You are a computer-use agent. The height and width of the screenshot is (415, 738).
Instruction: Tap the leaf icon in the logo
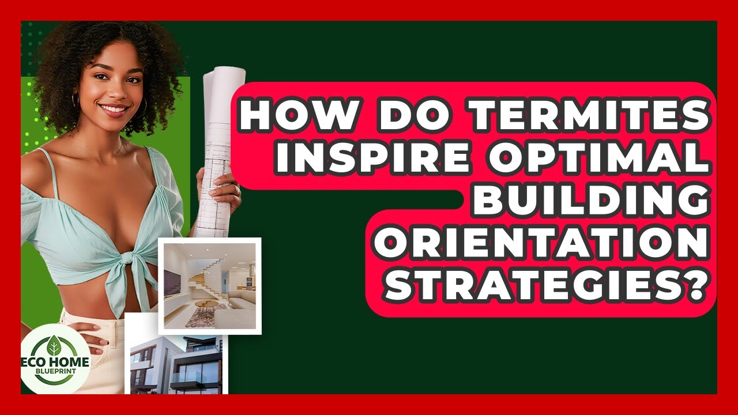tap(55, 346)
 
